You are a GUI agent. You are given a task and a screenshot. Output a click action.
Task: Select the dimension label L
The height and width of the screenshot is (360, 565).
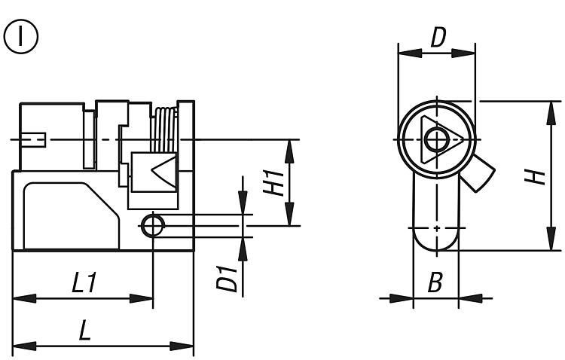85,331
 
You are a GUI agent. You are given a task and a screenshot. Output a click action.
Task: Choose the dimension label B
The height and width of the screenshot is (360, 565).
435,284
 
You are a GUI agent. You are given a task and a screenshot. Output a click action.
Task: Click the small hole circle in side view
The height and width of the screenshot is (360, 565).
153,224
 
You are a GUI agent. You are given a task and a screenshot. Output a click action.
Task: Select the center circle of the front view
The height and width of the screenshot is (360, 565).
435,139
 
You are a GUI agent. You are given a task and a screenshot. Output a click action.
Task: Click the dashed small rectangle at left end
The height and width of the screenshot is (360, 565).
35,139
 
